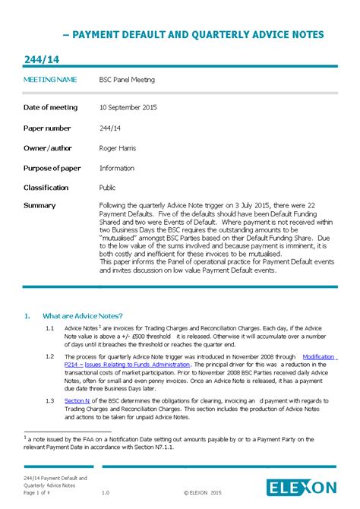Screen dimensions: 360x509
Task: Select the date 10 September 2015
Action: point(128,108)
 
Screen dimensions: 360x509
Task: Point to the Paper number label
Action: point(47,128)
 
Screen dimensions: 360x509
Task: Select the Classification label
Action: point(46,188)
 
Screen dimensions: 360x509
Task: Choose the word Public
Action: point(108,188)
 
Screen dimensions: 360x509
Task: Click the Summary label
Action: point(39,206)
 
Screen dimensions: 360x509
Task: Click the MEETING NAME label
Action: point(50,79)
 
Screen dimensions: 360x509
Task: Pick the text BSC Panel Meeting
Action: point(127,79)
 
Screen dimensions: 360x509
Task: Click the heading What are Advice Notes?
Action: point(83,316)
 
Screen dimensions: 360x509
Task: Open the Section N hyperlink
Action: point(77,400)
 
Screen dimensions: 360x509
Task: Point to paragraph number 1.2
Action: point(49,356)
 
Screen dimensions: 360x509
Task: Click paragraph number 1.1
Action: point(49,327)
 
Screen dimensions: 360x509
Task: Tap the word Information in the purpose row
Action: point(117,168)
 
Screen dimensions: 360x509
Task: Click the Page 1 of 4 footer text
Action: point(39,493)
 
